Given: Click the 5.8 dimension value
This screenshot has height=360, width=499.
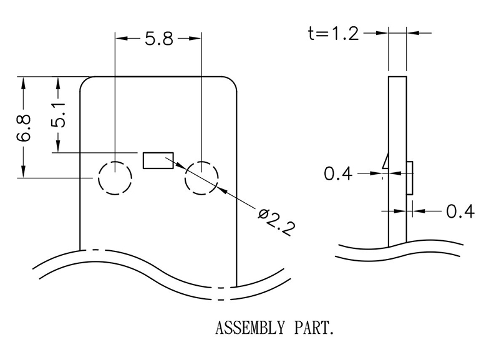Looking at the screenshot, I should [158, 39].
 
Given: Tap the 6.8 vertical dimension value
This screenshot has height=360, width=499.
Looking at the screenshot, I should [24, 128].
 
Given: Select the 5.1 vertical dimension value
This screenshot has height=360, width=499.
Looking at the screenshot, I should [58, 115].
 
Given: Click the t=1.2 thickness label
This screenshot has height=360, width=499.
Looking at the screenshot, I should [334, 34].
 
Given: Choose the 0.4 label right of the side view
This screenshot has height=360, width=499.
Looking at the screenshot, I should [460, 212].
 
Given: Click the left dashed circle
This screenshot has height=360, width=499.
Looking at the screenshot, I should [114, 178].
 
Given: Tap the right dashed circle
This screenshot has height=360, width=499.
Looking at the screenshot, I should [201, 178].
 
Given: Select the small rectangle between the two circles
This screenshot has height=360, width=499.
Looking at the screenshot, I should [158, 160].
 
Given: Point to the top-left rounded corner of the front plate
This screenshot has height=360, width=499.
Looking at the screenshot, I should [87, 83].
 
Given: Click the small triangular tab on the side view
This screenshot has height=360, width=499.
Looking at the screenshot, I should [386, 162].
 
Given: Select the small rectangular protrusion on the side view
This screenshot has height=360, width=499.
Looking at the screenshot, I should [410, 177].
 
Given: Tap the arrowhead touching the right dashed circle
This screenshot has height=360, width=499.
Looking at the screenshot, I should [181, 167].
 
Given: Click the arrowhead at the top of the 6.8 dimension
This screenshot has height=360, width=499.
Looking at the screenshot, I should [24, 82].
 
